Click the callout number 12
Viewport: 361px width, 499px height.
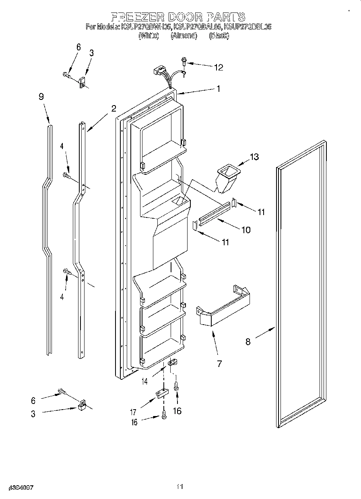pyautogui.click(x=218, y=67)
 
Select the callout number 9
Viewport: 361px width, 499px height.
pyautogui.click(x=41, y=97)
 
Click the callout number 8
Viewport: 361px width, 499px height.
pyautogui.click(x=248, y=342)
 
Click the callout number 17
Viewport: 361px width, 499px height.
pyautogui.click(x=133, y=412)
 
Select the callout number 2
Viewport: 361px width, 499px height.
pyautogui.click(x=113, y=108)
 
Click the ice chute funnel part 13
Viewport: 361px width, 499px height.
pyautogui.click(x=227, y=178)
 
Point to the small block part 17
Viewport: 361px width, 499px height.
pyautogui.click(x=161, y=393)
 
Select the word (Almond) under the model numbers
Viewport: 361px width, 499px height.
pyautogui.click(x=184, y=36)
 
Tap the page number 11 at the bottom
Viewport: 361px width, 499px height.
pyautogui.click(x=180, y=487)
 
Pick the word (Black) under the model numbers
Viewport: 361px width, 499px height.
pyautogui.click(x=219, y=36)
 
